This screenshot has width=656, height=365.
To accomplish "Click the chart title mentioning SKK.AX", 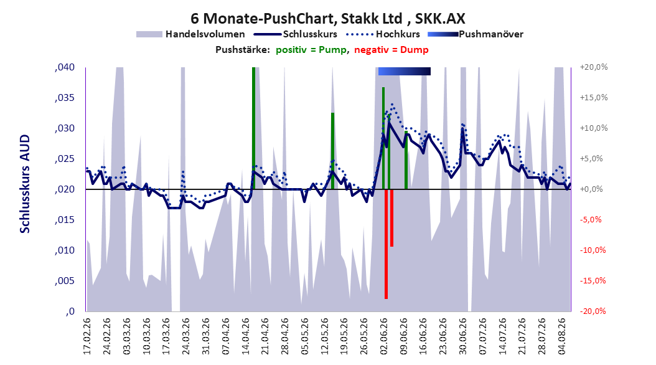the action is pos(327,19).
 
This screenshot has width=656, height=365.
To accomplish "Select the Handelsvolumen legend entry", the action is pos(191,34).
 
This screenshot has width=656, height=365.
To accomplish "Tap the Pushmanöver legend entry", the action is pos(476,34).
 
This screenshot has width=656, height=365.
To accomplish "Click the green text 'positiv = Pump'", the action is pos(311,50).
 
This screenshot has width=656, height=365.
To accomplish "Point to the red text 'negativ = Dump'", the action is pos(391,50).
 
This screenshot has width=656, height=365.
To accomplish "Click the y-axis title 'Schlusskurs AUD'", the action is pos(25,184).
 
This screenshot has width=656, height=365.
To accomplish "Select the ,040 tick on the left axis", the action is pos(65,67).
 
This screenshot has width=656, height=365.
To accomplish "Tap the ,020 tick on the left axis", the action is pos(65,189).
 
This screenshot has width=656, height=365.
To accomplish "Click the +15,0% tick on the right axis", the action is pos(594,98).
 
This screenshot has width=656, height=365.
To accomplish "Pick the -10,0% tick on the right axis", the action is pos(593,250).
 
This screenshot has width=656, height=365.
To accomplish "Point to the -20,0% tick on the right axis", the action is pos(593,311).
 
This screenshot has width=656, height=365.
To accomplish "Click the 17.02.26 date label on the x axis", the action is pos(87,336).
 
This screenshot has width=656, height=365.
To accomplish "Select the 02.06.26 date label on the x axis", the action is pos(383,336).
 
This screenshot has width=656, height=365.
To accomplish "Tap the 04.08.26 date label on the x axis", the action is pos(561,336).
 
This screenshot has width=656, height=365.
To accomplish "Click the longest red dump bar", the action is pos(386,244).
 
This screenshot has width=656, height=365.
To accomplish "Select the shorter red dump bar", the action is pos(391,218).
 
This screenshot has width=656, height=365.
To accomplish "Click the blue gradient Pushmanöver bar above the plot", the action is pos(404,71).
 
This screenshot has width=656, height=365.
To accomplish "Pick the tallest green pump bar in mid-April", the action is pos(253,128).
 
